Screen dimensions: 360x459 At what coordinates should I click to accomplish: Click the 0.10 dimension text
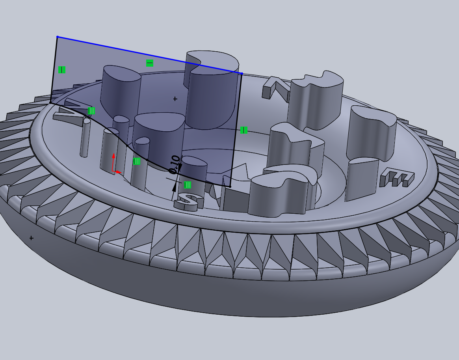pyautogui.click(x=174, y=164)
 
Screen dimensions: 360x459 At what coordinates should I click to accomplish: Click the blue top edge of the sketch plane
pyautogui.click(x=150, y=55)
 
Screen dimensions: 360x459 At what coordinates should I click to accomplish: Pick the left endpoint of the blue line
pyautogui.click(x=58, y=37)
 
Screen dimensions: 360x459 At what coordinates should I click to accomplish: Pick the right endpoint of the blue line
pyautogui.click(x=242, y=73)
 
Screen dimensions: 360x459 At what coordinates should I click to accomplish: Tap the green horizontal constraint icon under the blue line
pyautogui.click(x=150, y=63)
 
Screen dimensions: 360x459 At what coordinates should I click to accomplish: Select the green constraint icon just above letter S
pyautogui.click(x=188, y=185)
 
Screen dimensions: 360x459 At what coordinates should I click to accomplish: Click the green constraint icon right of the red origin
pyautogui.click(x=136, y=161)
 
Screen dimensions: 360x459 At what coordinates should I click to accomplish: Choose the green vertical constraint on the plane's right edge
pyautogui.click(x=243, y=130)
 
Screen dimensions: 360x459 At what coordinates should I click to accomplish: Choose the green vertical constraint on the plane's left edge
pyautogui.click(x=61, y=70)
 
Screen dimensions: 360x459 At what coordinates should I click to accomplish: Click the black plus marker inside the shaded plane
pyautogui.click(x=175, y=99)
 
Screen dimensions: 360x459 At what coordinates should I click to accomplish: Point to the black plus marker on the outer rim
pyautogui.click(x=32, y=238)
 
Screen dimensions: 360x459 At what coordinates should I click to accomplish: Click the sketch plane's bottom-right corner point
pyautogui.click(x=230, y=187)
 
